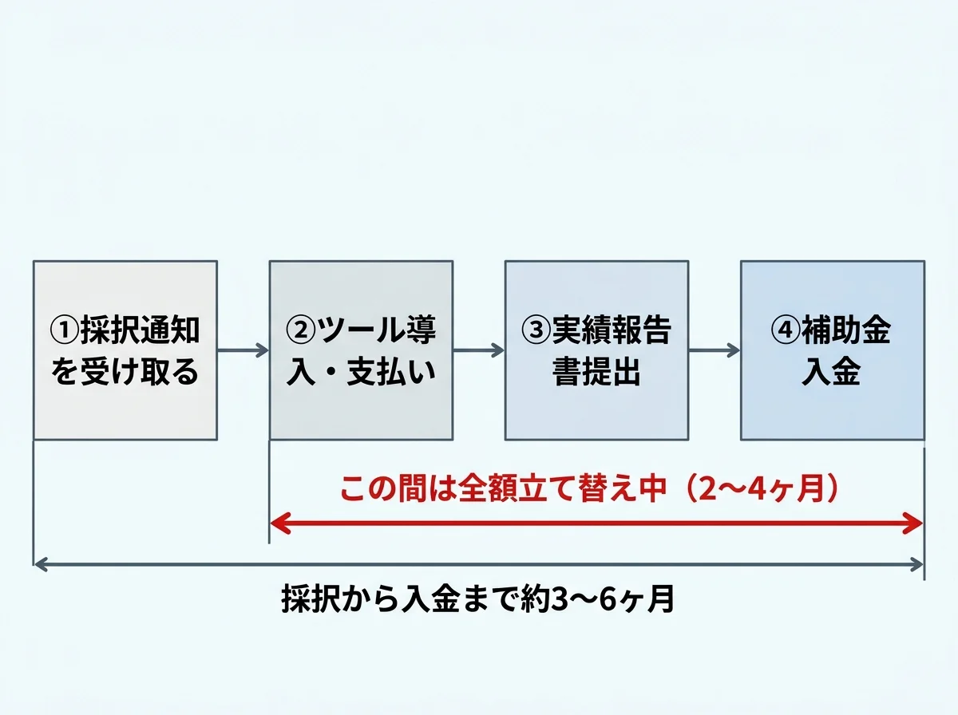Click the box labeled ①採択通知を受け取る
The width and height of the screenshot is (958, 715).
[125, 350]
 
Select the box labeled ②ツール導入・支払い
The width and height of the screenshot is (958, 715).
[361, 350]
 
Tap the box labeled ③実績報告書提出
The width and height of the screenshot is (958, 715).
[596, 350]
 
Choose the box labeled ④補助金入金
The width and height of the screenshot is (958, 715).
[832, 350]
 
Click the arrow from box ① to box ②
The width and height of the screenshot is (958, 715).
[243, 350]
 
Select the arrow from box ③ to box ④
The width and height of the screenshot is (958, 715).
[714, 350]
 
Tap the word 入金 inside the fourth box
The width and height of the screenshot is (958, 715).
[831, 373]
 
